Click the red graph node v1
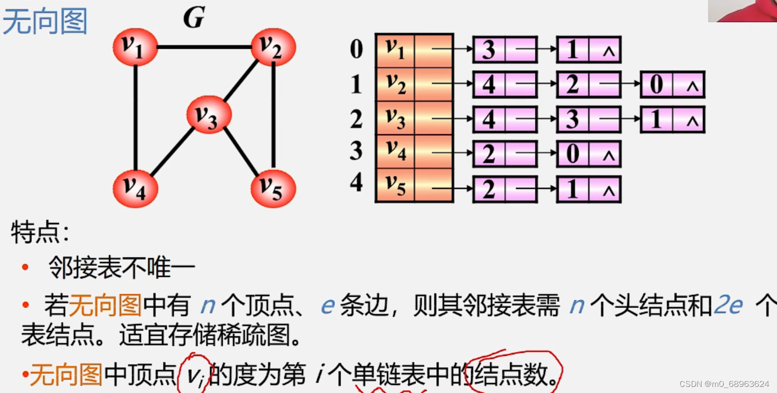click(x=135, y=47)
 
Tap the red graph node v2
click(x=273, y=46)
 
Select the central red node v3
click(x=209, y=115)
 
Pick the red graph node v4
click(x=135, y=188)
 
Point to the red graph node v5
click(x=273, y=188)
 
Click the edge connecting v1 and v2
click(x=204, y=47)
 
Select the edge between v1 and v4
click(x=136, y=117)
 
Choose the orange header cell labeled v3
click(x=395, y=118)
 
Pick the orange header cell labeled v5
click(x=395, y=185)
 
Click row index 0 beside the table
click(x=357, y=50)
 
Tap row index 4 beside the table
click(x=357, y=183)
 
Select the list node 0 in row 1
click(x=657, y=85)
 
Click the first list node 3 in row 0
click(x=488, y=50)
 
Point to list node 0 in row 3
click(x=572, y=154)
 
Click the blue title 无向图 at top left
click(x=45, y=21)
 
